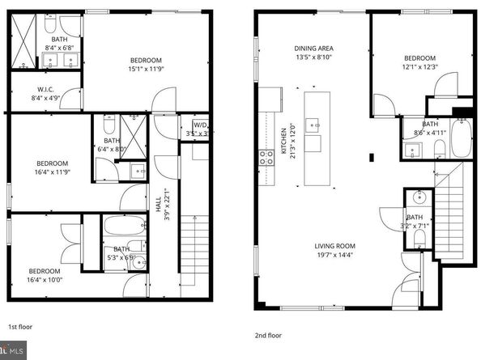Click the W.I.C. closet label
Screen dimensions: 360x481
[x=45, y=89]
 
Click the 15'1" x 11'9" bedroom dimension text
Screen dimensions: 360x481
[x=146, y=70]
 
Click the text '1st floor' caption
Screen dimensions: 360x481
[x=19, y=327]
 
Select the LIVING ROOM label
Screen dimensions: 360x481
[x=335, y=248]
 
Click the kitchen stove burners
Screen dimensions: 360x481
[x=265, y=158]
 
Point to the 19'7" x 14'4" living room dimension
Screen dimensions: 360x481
[x=335, y=257]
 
